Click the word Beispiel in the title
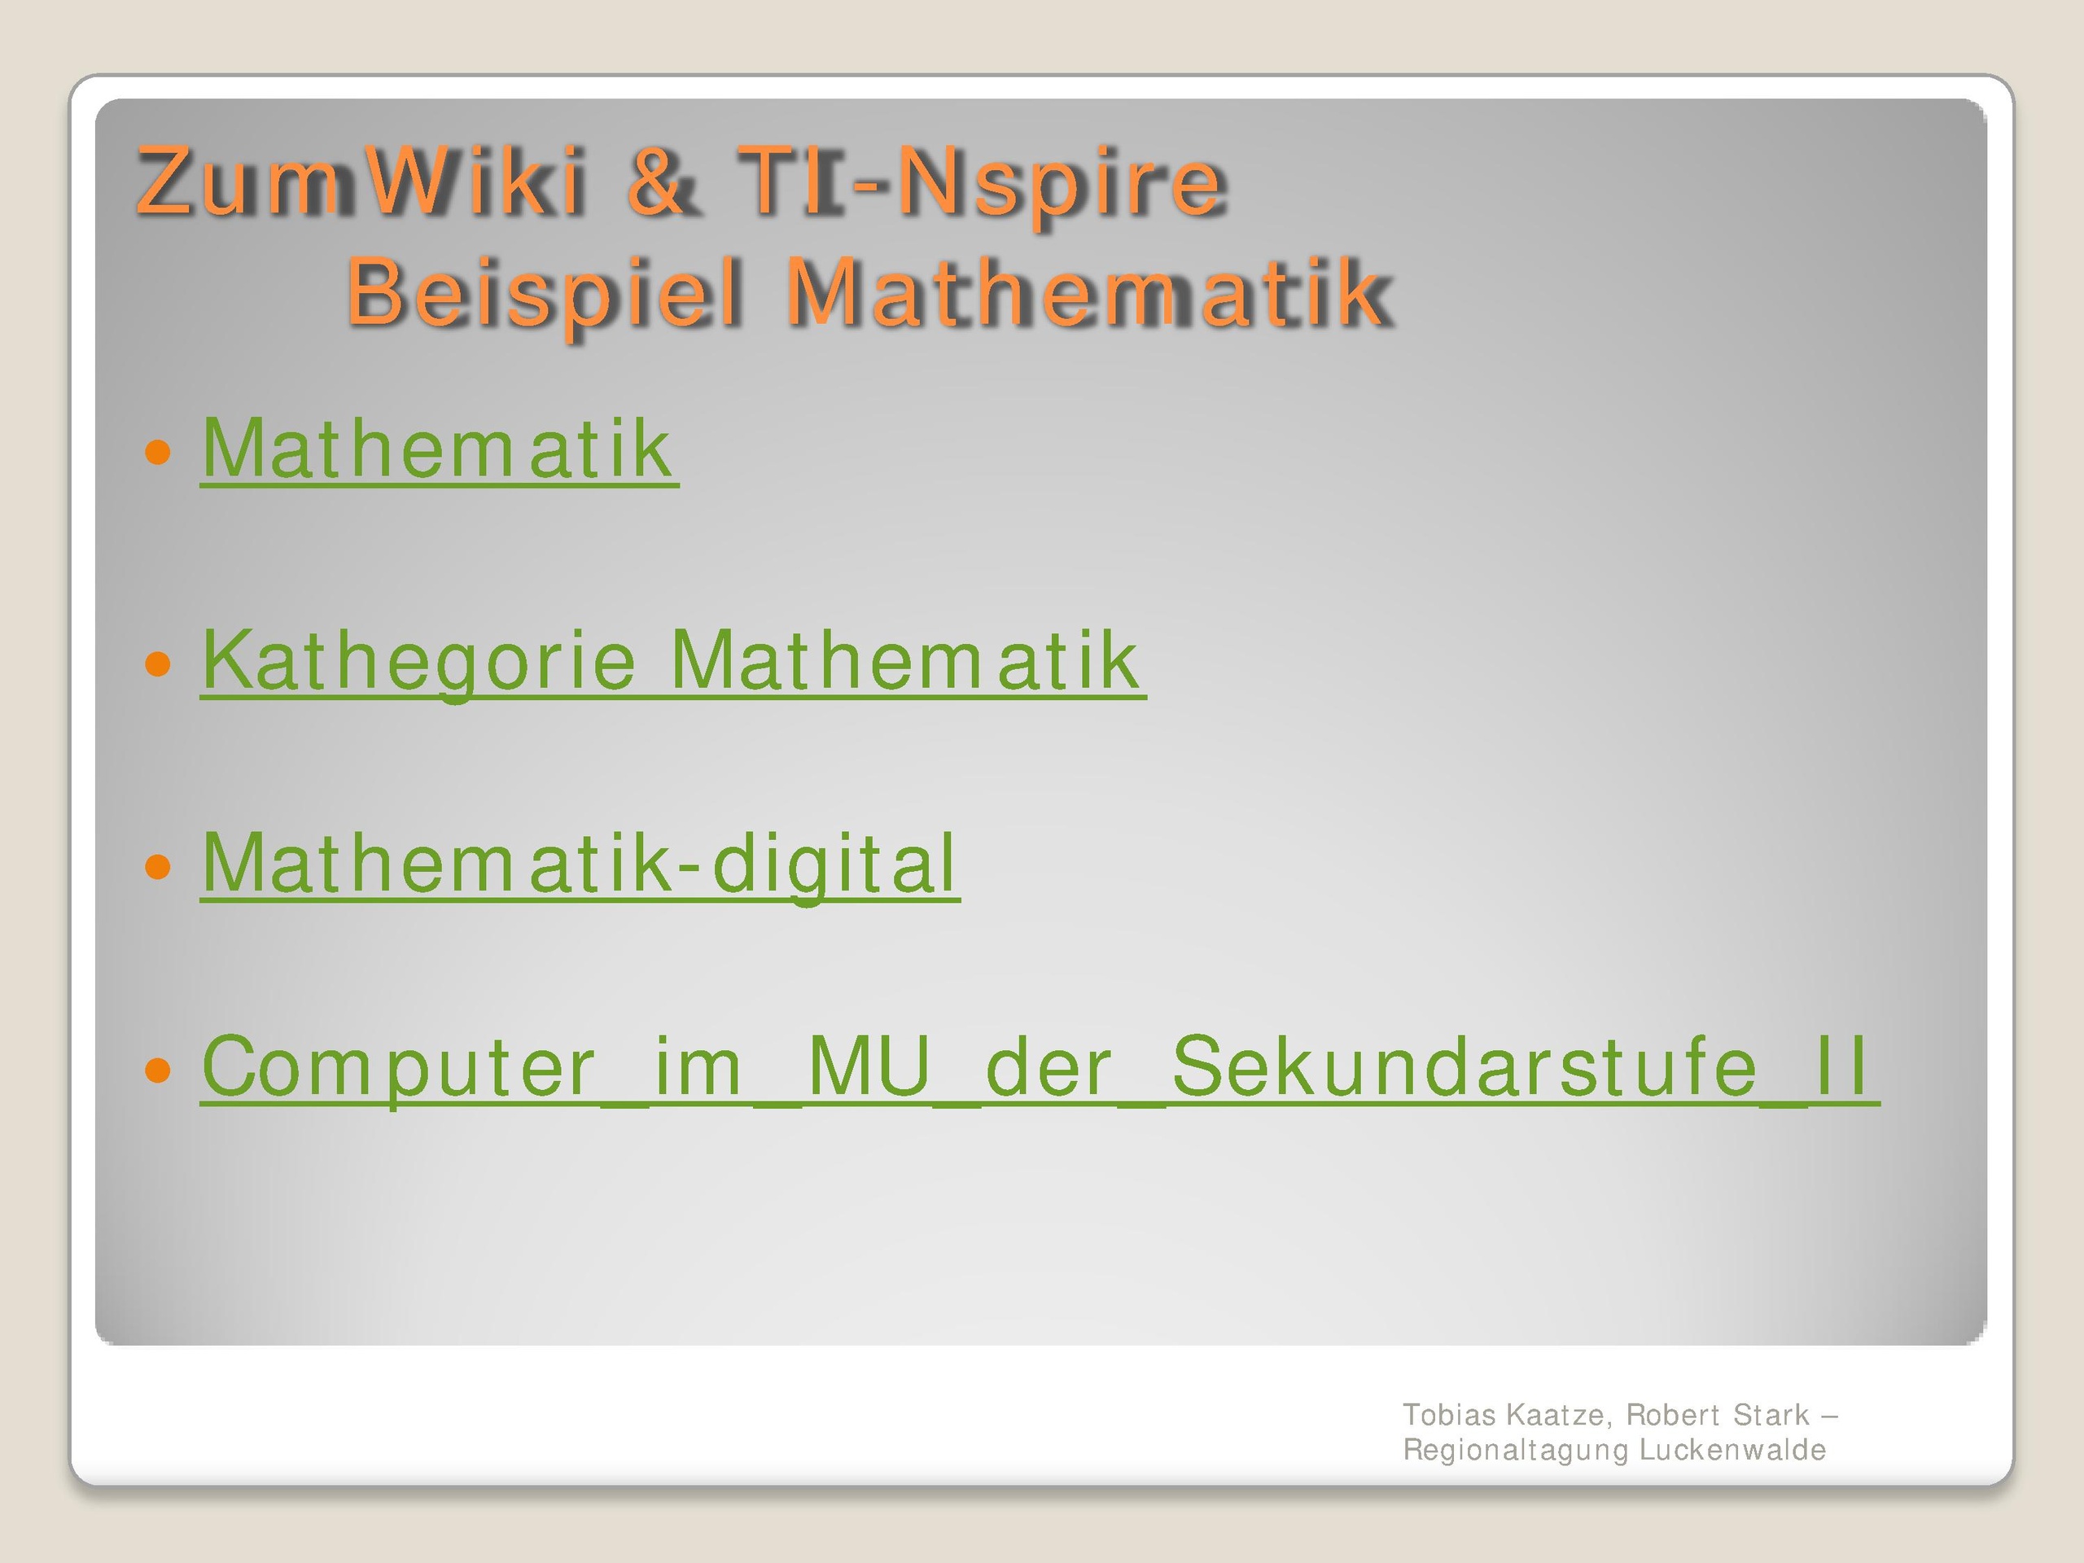coord(545,293)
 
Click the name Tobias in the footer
coord(1449,1415)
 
